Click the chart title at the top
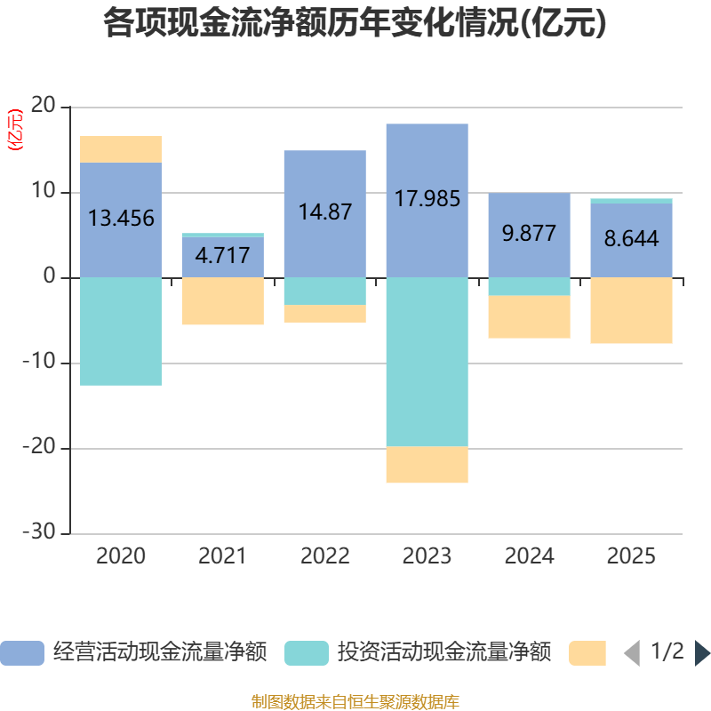point(355,24)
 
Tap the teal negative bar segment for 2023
point(427,362)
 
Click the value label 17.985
point(427,198)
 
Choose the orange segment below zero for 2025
point(631,310)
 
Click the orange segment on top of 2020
point(121,148)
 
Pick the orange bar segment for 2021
point(222,301)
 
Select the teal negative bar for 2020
point(121,332)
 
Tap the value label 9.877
point(529,234)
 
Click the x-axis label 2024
point(529,556)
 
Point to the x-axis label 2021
point(222,556)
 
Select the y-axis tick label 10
point(44,192)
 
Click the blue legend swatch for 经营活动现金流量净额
point(21,653)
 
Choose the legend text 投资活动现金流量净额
point(444,652)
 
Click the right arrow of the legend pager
point(702,653)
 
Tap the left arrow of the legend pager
point(632,653)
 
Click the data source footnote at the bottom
point(355,701)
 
